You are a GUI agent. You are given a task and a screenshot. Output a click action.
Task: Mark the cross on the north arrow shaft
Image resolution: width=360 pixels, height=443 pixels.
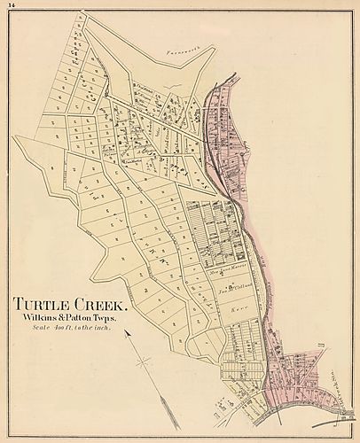pyautogui.click(x=141, y=361)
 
